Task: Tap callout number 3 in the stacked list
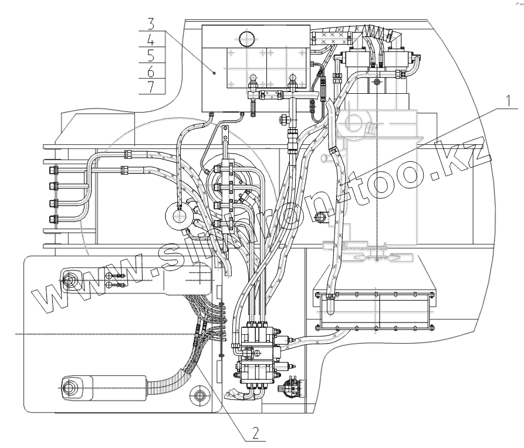coord(151,25)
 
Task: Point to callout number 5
coord(151,56)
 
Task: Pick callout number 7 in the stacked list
coord(151,87)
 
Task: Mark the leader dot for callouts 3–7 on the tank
coord(215,73)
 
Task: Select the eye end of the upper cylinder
coord(70,280)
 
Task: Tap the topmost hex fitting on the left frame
coord(53,171)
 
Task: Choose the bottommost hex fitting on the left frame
coord(53,220)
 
